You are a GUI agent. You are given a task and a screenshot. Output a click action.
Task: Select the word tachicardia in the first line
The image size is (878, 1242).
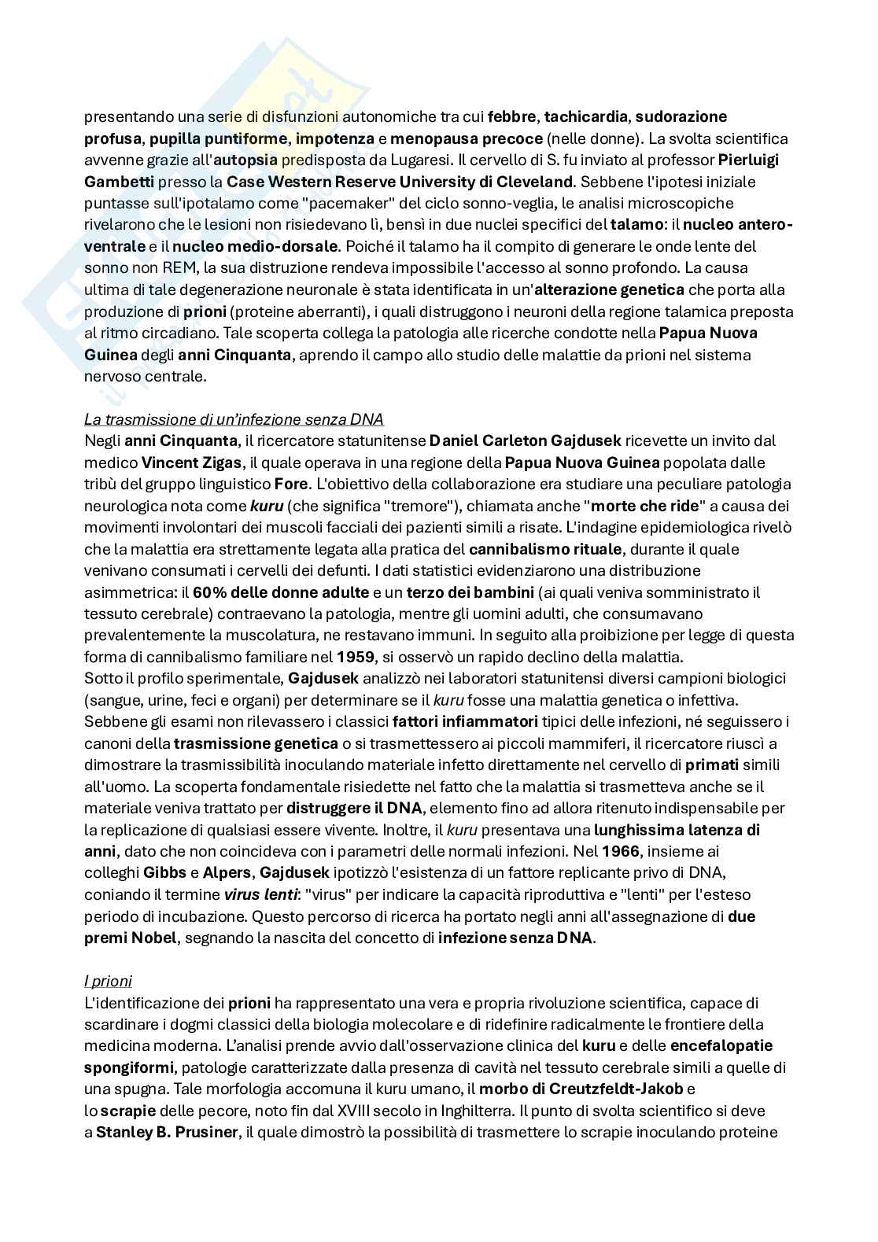point(586,117)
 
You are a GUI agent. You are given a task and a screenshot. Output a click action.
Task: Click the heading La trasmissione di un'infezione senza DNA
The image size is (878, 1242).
point(233,419)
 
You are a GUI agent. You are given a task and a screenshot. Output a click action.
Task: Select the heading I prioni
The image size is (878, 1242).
point(108,981)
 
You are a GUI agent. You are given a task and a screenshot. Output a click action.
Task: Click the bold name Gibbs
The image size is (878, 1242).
point(164,872)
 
